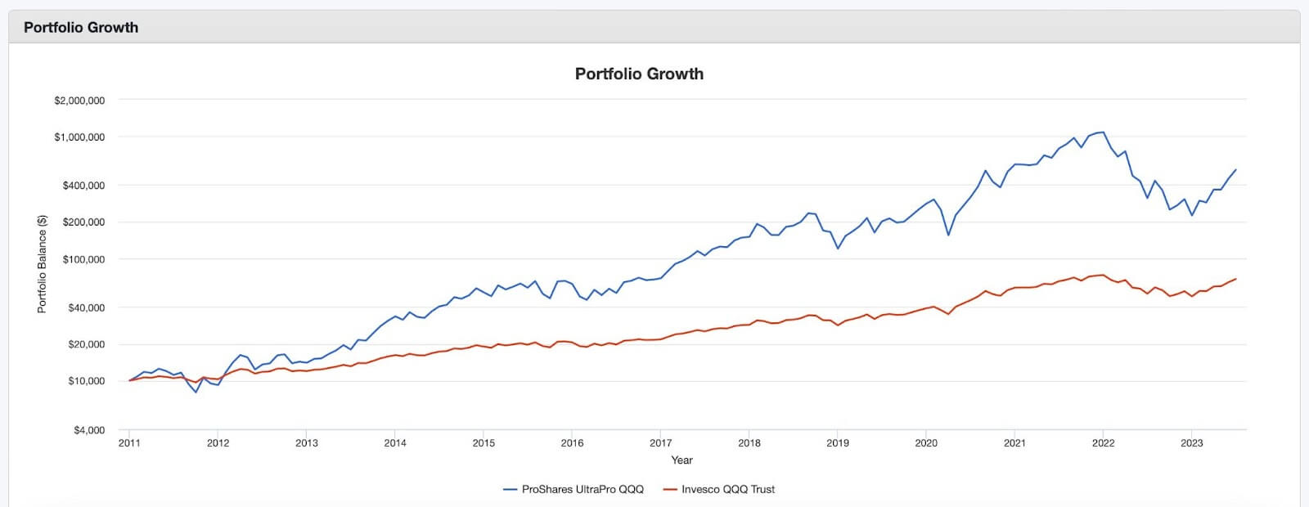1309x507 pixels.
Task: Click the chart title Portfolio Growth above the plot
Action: pos(639,74)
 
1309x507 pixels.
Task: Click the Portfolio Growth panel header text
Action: pos(81,27)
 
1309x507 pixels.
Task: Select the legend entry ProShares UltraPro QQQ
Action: pos(583,489)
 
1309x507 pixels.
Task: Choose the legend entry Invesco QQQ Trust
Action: pos(727,489)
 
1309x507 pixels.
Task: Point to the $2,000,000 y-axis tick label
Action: pos(79,101)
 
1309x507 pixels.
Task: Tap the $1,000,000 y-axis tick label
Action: pos(79,137)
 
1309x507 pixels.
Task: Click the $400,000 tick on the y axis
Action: pos(83,186)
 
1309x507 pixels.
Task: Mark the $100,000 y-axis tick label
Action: pos(83,259)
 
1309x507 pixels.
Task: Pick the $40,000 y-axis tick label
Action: pos(86,307)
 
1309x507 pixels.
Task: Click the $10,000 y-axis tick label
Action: pos(86,381)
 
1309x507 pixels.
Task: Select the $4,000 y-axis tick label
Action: pos(89,430)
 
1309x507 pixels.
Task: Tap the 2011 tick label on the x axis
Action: pos(129,443)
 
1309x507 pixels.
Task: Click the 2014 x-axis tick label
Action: pos(395,443)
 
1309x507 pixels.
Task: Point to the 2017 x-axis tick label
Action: pos(660,443)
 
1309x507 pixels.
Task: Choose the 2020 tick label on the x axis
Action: pos(926,443)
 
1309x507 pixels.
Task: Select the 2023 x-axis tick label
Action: pos(1191,443)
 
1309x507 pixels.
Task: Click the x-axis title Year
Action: pos(681,460)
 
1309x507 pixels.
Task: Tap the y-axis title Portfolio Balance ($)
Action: pos(42,264)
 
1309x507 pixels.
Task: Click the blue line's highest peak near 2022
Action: pos(1103,132)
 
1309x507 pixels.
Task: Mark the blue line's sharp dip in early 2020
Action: pos(948,236)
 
